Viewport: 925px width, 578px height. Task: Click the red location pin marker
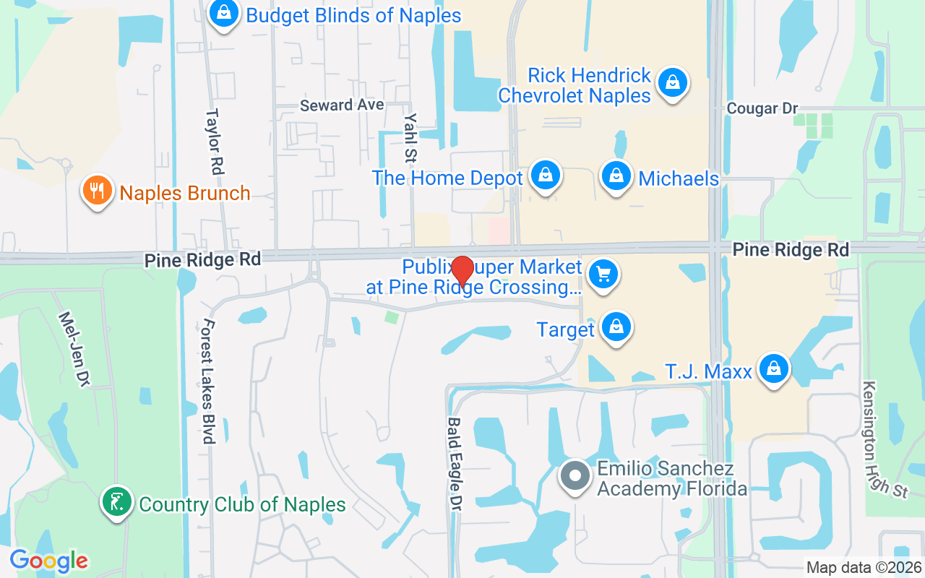[462, 272]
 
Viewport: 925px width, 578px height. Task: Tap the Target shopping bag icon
[616, 327]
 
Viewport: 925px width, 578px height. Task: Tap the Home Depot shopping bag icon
[546, 176]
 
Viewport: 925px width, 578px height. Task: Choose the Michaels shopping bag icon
[616, 176]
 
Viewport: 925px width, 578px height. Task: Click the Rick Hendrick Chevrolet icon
[673, 83]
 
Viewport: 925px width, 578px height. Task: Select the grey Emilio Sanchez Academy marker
[575, 477]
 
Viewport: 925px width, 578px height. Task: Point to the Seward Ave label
[342, 105]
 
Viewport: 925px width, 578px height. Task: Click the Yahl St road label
[411, 137]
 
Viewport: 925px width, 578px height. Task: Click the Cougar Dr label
[762, 108]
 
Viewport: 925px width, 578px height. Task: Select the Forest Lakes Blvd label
[210, 381]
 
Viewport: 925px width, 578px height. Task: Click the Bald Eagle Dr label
[455, 465]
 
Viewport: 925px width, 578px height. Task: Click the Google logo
[49, 560]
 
